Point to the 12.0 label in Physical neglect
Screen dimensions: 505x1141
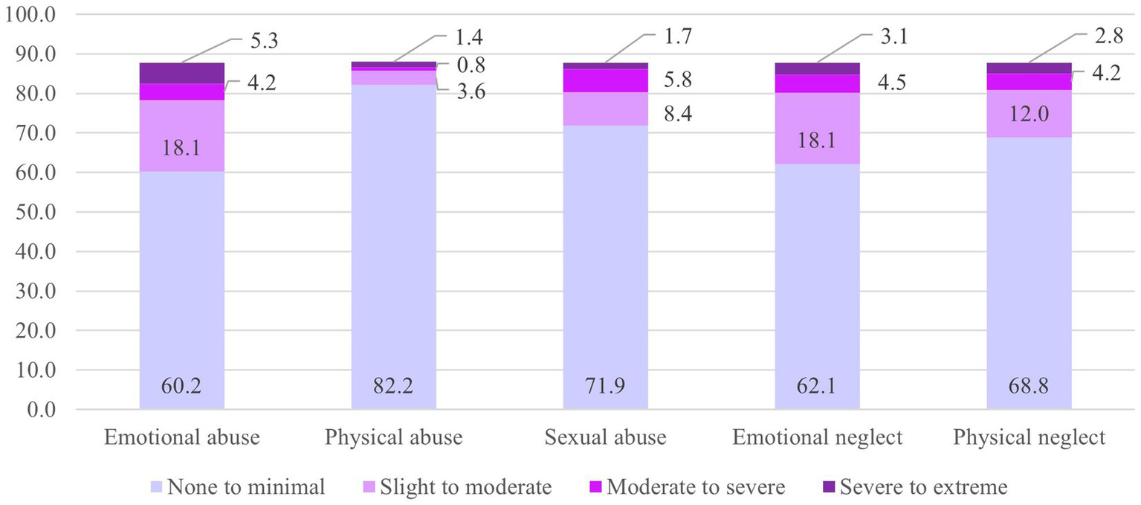pyautogui.click(x=1029, y=114)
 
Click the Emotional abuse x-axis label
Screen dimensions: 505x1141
pyautogui.click(x=181, y=438)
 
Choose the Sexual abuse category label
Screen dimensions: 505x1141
pyautogui.click(x=605, y=438)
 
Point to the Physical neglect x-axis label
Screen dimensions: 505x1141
pyautogui.click(x=1029, y=438)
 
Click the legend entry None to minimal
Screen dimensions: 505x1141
pyautogui.click(x=237, y=487)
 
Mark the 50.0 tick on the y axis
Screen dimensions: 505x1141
pyautogui.click(x=33, y=213)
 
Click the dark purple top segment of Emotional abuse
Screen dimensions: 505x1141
pyautogui.click(x=181, y=73)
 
